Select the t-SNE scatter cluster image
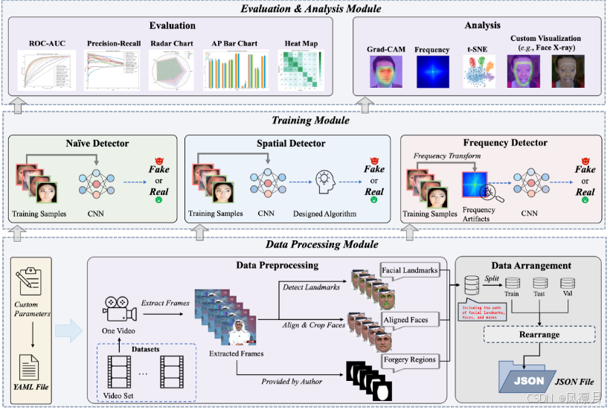[x=476, y=72]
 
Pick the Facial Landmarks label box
[x=409, y=270]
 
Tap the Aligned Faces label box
[x=406, y=319]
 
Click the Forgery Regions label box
[x=409, y=359]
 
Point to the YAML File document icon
[x=30, y=367]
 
